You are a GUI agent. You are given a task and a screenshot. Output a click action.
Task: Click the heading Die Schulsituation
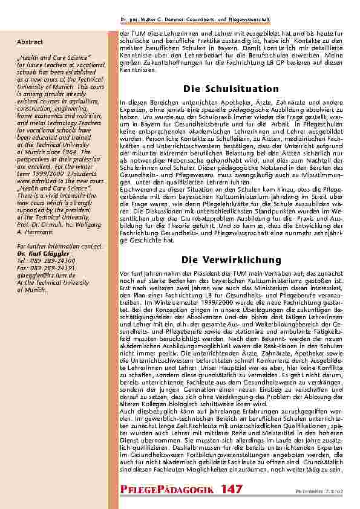(x=231, y=89)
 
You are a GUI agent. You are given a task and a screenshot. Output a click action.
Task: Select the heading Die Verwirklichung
(x=231, y=260)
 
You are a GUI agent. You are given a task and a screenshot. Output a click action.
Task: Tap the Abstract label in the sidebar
(x=30, y=42)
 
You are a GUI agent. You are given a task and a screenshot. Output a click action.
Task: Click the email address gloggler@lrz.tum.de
(x=45, y=273)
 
